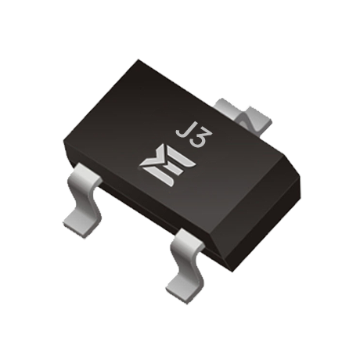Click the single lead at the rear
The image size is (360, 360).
pos(243,114)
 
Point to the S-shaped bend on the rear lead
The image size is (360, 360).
pos(247,121)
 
